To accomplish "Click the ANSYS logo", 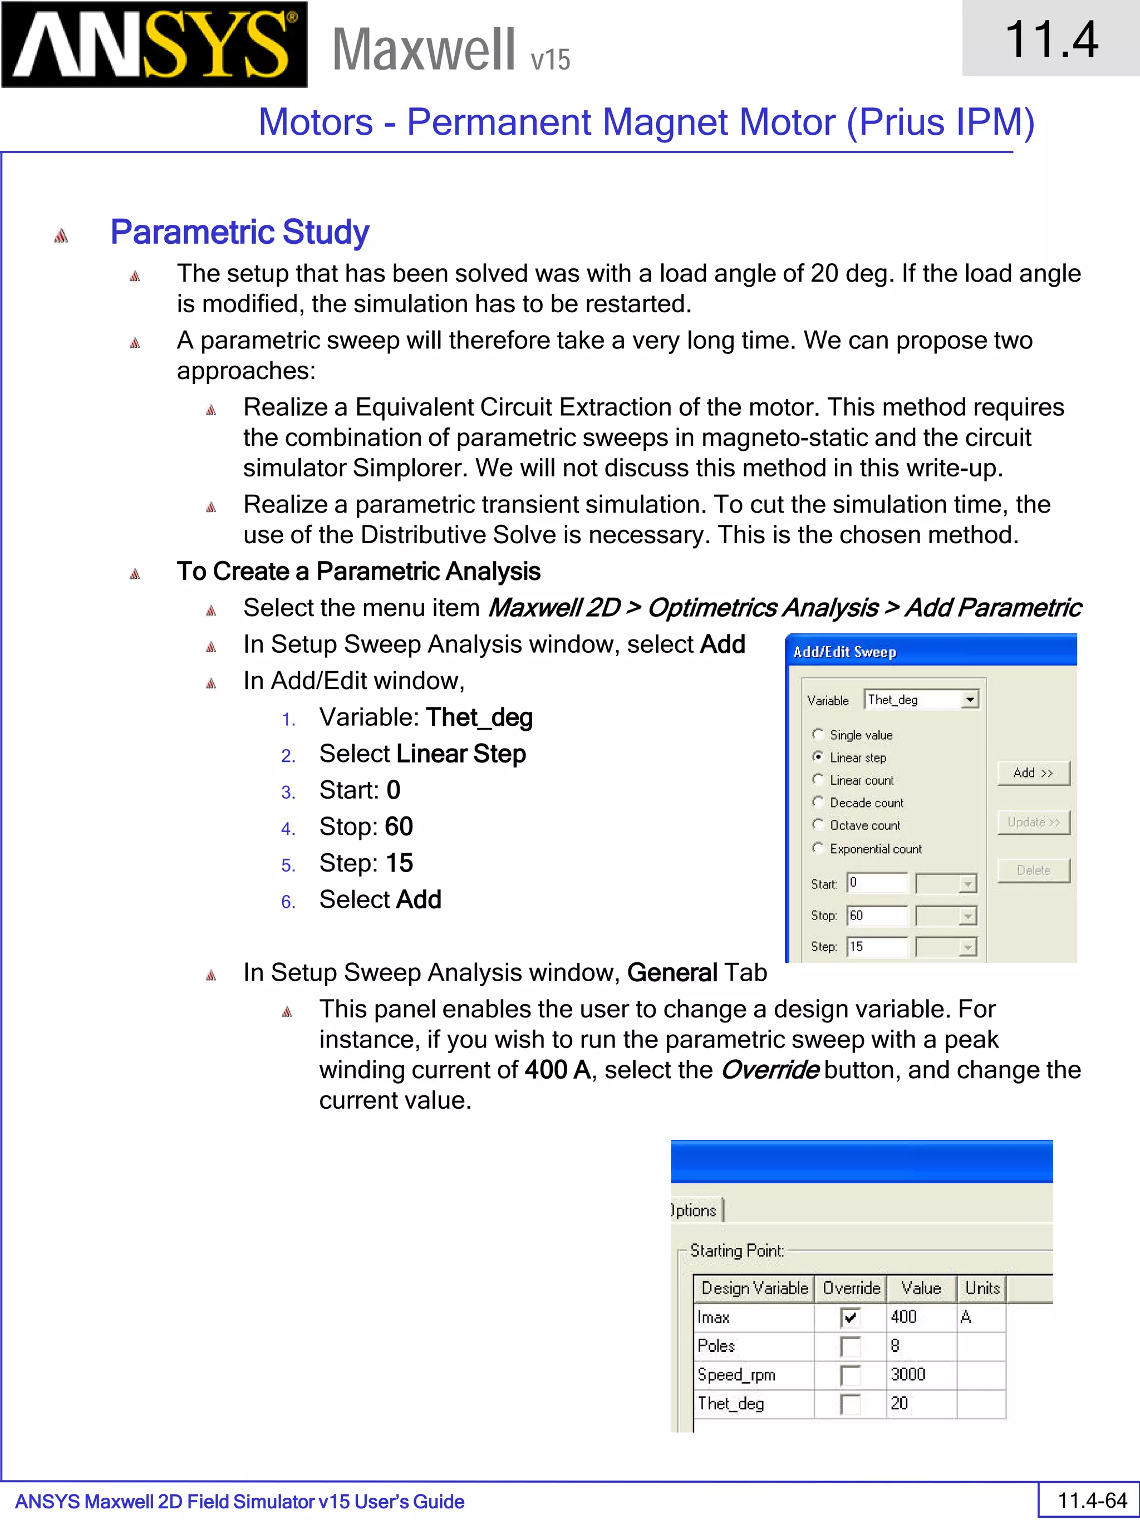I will [x=154, y=45].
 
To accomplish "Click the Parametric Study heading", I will [x=239, y=232].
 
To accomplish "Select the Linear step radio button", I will [x=818, y=756].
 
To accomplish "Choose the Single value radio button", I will [x=818, y=734].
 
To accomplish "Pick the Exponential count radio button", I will [x=818, y=848].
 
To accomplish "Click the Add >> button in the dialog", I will [x=1033, y=773].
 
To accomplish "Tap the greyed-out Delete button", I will [x=1033, y=870].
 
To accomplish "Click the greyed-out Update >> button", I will [x=1033, y=823].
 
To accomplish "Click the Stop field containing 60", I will [x=877, y=916].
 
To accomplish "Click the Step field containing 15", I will [x=877, y=947].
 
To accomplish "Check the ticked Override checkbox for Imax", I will [x=850, y=1317].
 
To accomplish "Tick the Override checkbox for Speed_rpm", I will [x=850, y=1375].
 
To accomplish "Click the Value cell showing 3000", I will [x=908, y=1374].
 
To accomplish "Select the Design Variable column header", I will [x=754, y=1288].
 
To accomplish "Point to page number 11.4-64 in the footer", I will [x=1092, y=1501].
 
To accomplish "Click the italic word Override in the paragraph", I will [x=769, y=1070].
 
